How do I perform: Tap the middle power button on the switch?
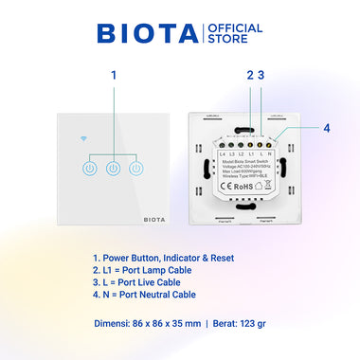[113, 170]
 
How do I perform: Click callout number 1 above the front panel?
[113, 75]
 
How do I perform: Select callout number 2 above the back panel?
[250, 75]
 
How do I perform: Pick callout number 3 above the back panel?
[261, 75]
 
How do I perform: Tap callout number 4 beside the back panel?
[325, 128]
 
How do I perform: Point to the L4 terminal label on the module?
[222, 153]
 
